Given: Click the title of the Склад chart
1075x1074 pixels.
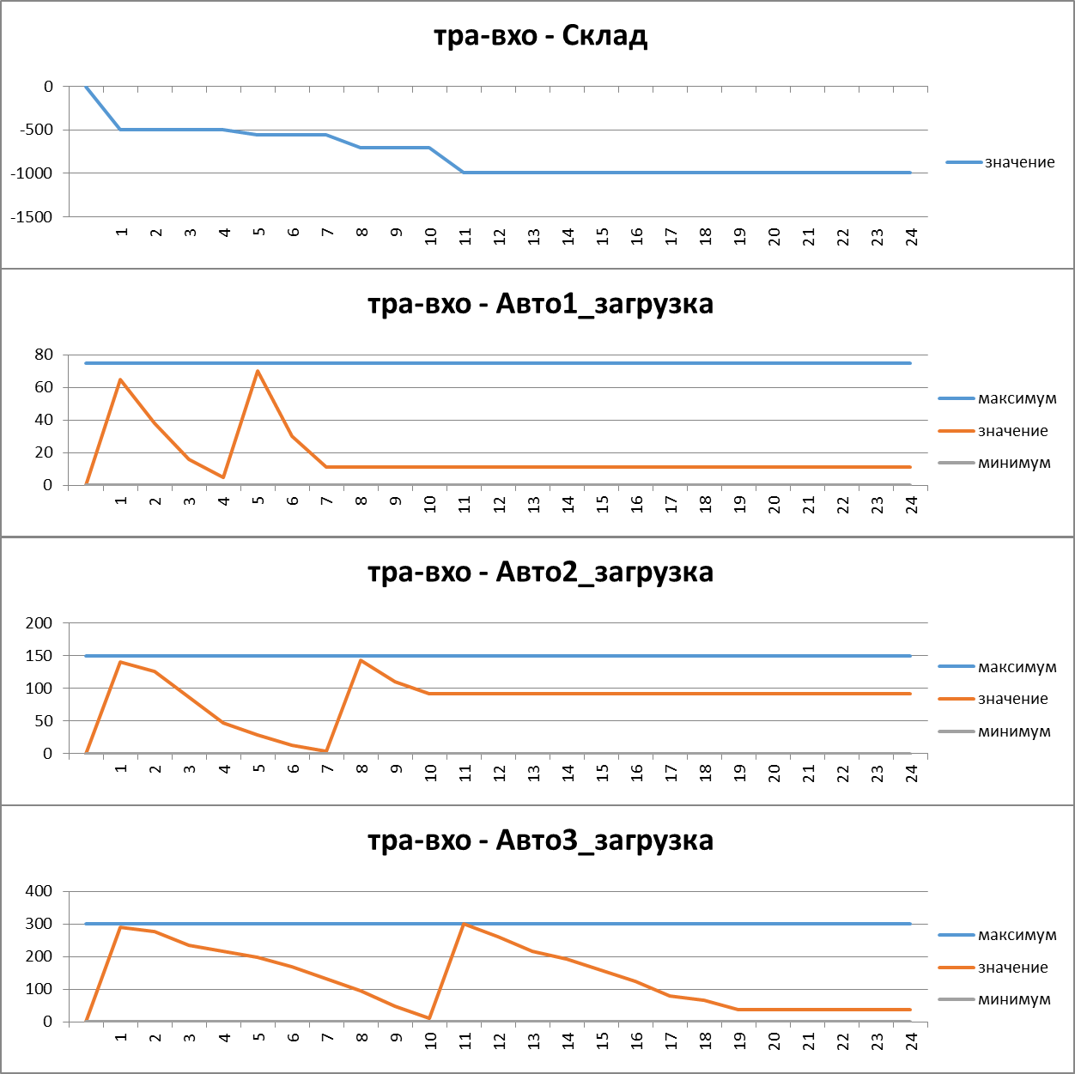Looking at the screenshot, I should click(x=540, y=36).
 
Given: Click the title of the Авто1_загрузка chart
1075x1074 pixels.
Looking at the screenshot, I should click(x=540, y=304).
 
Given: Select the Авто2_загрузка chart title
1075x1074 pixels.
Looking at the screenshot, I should click(x=540, y=572).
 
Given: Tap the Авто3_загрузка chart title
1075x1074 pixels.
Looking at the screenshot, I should click(x=540, y=840).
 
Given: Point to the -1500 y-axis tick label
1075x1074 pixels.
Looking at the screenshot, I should click(x=32, y=217).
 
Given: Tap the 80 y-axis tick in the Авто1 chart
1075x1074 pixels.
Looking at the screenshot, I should click(x=44, y=355).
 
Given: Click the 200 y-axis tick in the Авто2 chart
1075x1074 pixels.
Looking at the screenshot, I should click(x=39, y=623).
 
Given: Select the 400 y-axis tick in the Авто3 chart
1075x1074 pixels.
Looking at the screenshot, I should click(x=39, y=891).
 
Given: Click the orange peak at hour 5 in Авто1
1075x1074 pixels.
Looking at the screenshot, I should click(x=258, y=371).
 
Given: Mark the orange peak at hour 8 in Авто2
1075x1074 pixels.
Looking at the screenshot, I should click(x=361, y=660).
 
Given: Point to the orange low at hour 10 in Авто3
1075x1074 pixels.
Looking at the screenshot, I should click(x=430, y=1018).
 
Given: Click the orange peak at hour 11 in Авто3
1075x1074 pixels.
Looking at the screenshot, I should click(x=465, y=924).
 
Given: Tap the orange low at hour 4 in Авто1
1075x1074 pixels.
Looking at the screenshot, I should click(x=223, y=477).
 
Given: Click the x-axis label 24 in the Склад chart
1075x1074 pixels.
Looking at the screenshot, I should click(x=912, y=237).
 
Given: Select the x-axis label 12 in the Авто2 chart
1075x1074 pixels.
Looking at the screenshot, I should click(x=500, y=773).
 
